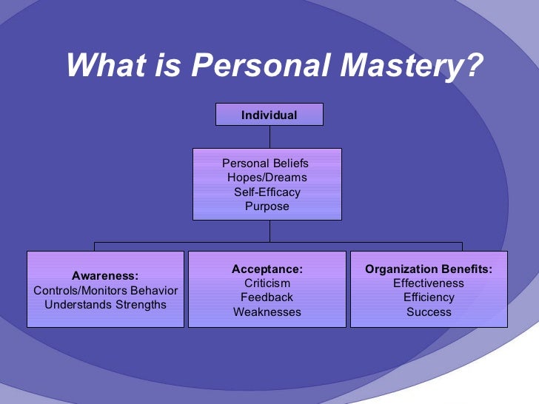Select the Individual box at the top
pyautogui.click(x=269, y=115)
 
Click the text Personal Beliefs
pyautogui.click(x=265, y=164)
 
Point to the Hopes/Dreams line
pyautogui.click(x=267, y=178)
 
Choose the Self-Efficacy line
pyautogui.click(x=267, y=192)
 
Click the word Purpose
pyautogui.click(x=267, y=206)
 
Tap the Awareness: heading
pyautogui.click(x=105, y=276)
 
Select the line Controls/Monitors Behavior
pyautogui.click(x=106, y=291)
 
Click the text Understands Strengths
pyautogui.click(x=106, y=305)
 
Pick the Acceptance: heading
pyautogui.click(x=267, y=269)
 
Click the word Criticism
pyautogui.click(x=267, y=283)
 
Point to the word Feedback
pyautogui.click(x=267, y=297)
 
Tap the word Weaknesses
pyautogui.click(x=267, y=312)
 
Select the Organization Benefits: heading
pyautogui.click(x=429, y=269)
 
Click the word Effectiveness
pyautogui.click(x=429, y=283)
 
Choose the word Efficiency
pyautogui.click(x=429, y=297)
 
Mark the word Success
pyautogui.click(x=429, y=312)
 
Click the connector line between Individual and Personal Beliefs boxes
pyautogui.click(x=269, y=137)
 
